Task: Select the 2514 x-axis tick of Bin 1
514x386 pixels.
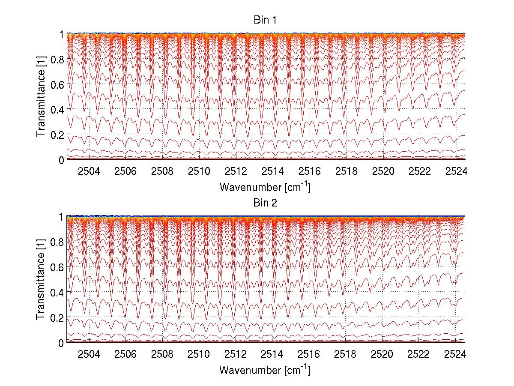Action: [273, 171]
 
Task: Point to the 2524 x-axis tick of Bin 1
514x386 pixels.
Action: [457, 171]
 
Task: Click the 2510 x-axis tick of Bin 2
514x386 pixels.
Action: [199, 354]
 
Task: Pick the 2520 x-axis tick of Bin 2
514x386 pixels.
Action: [383, 354]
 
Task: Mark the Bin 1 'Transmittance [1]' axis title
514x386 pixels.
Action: [41, 97]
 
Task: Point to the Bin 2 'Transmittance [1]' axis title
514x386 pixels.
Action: [41, 280]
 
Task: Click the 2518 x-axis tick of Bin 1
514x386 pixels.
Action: [346, 171]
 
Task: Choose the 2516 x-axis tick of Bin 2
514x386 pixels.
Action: [309, 354]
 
